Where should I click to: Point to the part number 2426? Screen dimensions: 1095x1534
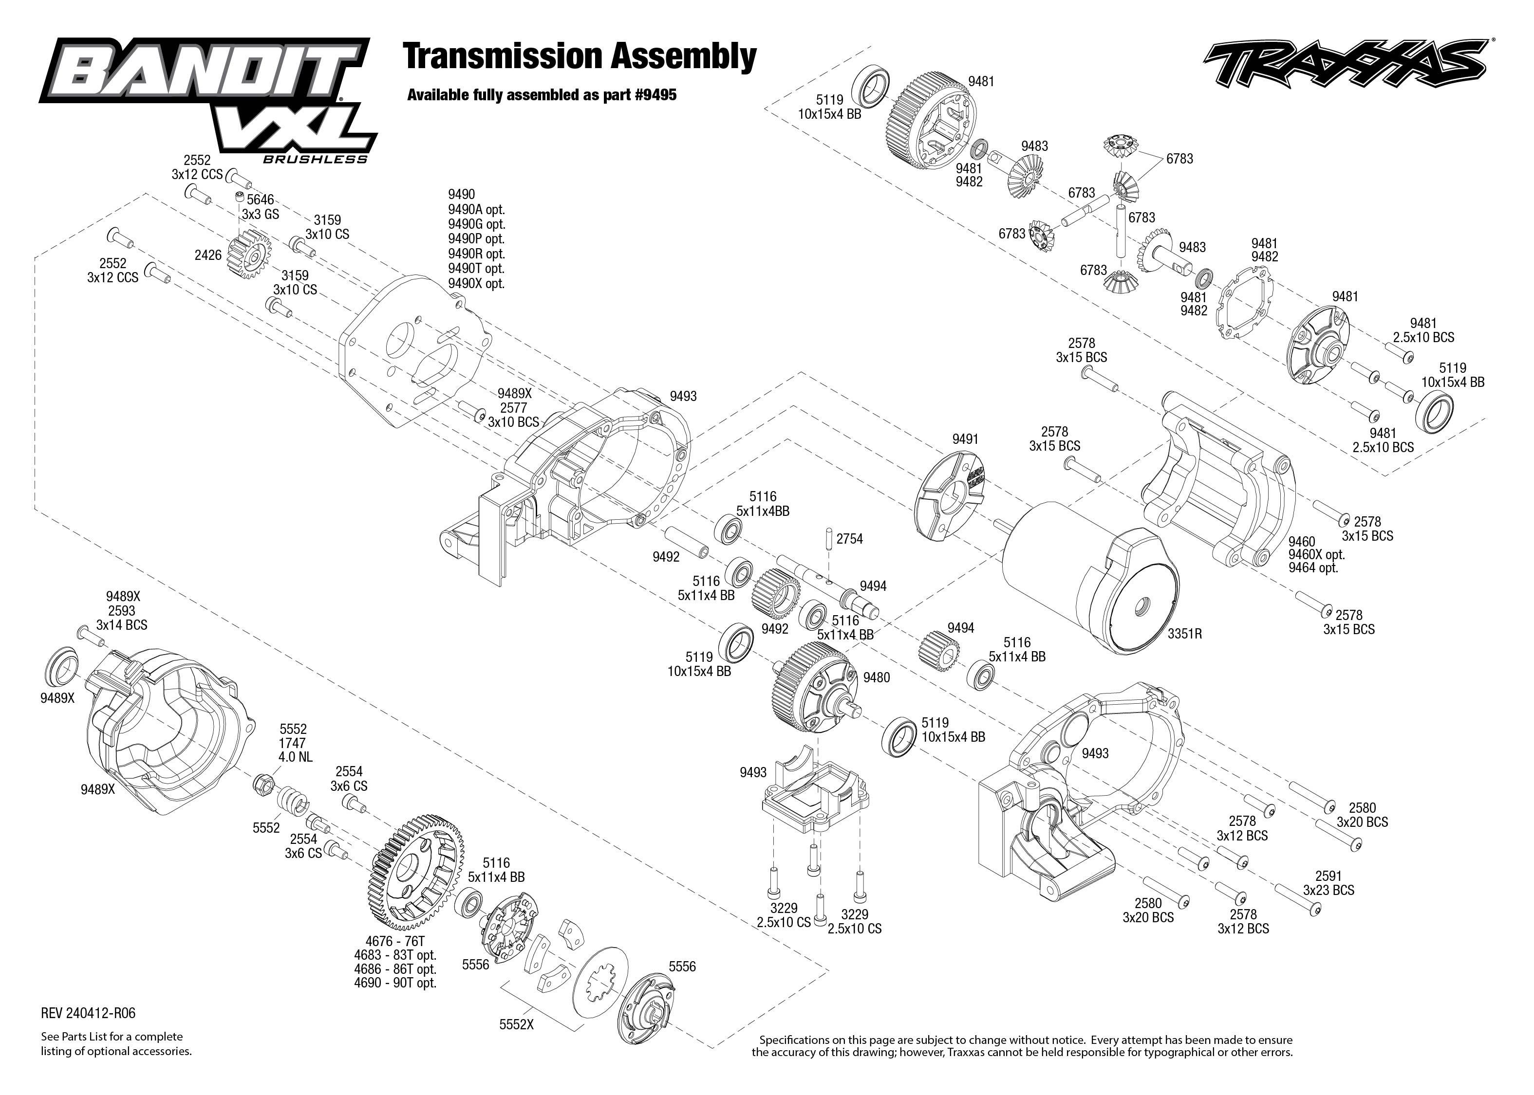click(x=208, y=255)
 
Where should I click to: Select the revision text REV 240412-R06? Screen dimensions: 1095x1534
click(x=88, y=1013)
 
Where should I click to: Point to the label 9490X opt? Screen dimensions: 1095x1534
click(x=476, y=284)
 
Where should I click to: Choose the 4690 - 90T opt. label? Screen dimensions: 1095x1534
click(x=395, y=983)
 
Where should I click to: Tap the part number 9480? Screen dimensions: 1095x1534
click(x=876, y=677)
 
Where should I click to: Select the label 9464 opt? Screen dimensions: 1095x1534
click(x=1313, y=568)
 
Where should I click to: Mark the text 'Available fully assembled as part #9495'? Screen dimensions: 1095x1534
click(x=541, y=95)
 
